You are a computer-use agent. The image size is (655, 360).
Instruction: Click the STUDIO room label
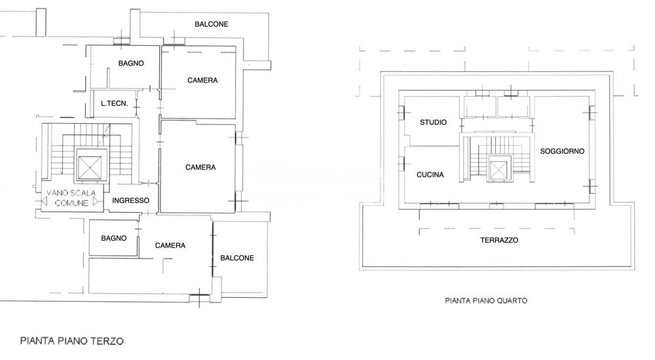point(433,122)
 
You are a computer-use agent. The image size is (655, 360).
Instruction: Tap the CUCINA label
point(430,175)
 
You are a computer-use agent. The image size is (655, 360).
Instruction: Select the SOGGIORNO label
point(562,151)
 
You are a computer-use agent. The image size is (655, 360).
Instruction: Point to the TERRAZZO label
point(499,240)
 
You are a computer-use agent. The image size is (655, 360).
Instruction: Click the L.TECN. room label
point(114,103)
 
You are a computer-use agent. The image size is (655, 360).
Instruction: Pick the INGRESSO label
point(130,200)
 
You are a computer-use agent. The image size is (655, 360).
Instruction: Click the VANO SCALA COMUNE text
point(71,198)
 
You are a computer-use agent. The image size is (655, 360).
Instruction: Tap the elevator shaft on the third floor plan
point(90,168)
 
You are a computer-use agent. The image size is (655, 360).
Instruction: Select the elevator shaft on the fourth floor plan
point(498,169)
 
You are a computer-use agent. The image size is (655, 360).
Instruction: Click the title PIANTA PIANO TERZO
point(72,341)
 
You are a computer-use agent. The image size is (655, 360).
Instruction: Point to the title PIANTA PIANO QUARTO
point(486,300)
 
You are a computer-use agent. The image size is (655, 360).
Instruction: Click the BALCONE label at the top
point(212,24)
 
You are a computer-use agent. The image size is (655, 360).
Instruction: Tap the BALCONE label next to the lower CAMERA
point(237,258)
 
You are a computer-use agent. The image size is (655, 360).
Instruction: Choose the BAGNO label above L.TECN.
point(131,63)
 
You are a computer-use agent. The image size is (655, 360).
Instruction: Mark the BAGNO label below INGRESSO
point(113,238)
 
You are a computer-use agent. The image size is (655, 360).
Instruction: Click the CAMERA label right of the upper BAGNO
point(202,81)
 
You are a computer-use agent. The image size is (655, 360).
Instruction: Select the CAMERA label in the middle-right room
point(200,167)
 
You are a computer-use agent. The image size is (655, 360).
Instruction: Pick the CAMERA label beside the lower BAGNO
point(170,245)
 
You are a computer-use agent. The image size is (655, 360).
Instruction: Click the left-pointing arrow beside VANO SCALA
point(44,201)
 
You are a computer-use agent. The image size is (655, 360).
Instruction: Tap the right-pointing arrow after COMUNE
point(96,202)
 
